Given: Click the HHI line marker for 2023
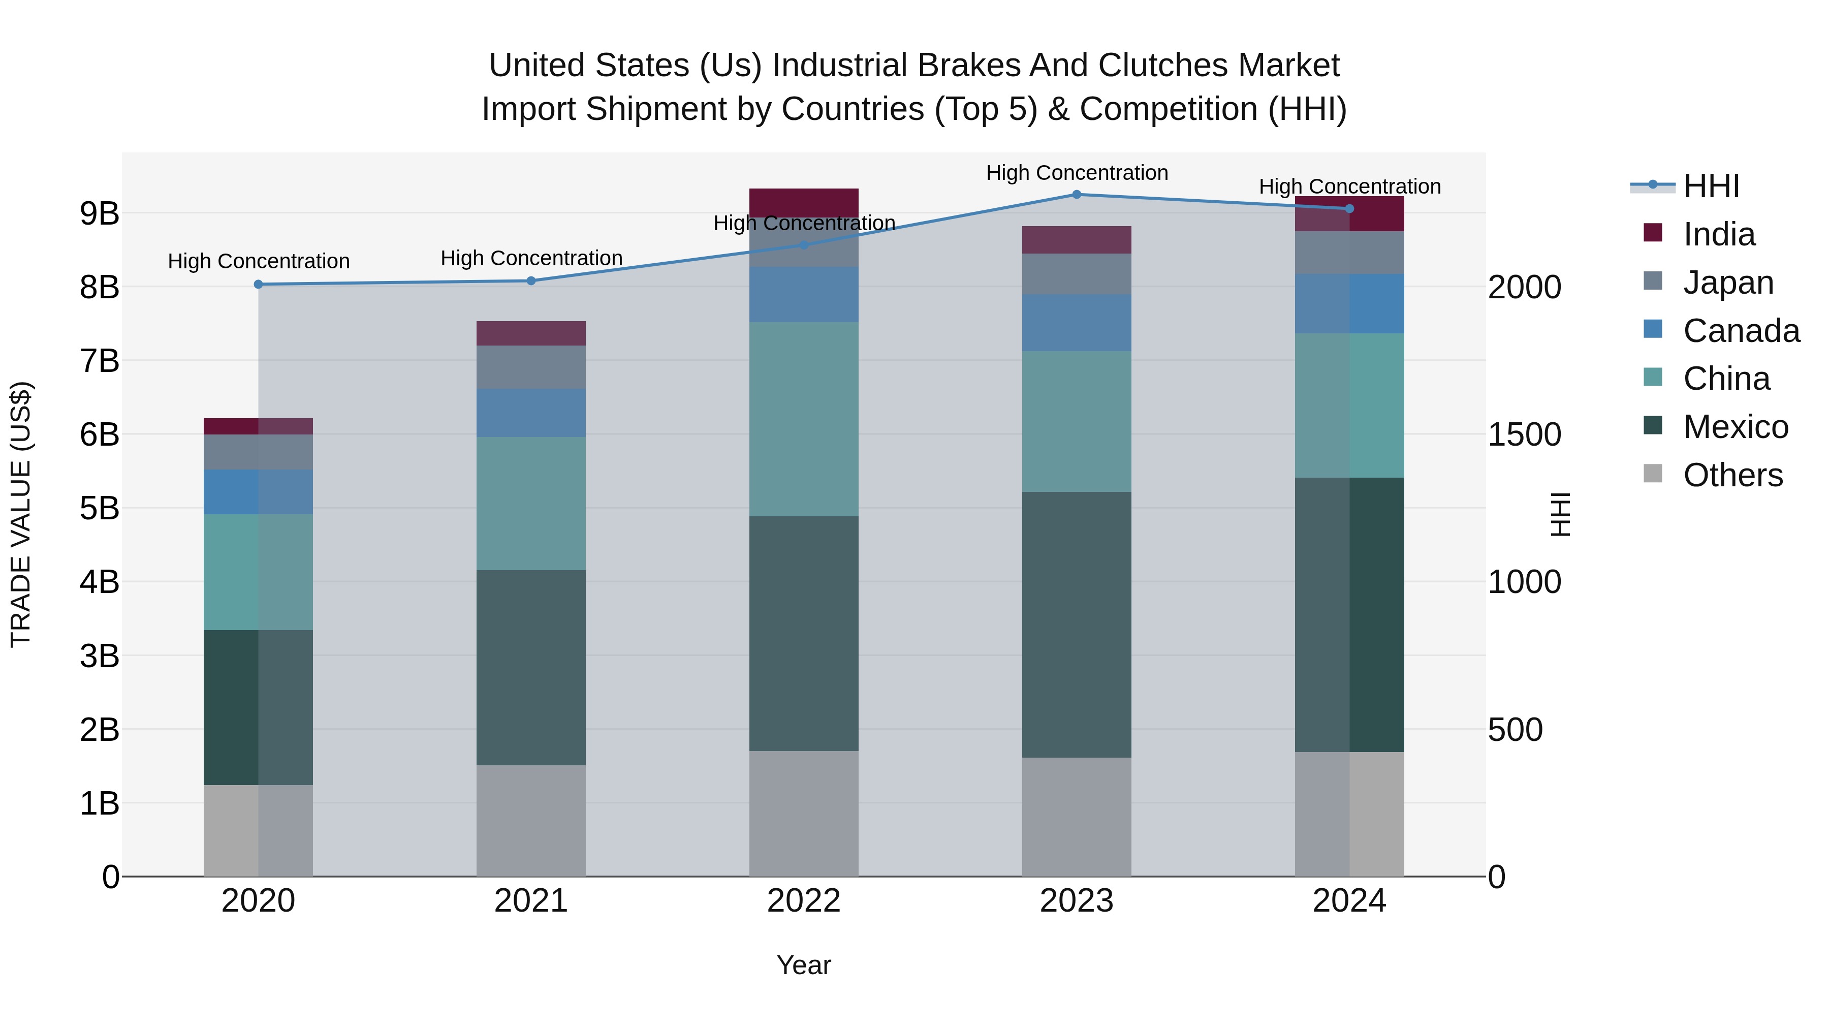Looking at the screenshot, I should coord(1077,195).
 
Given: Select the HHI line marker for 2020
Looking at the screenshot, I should coord(259,284).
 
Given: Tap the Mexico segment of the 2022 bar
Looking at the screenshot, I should coord(804,634).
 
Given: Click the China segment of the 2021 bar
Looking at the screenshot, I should coord(531,504).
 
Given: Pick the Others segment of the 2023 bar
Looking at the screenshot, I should coord(1077,817).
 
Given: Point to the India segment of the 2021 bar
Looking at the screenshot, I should coord(531,333).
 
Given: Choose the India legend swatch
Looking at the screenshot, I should coord(1653,233).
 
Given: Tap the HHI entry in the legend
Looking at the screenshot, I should coord(1711,186).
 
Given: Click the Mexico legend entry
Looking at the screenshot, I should coord(1736,427).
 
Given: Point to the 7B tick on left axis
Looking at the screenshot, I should coord(100,361).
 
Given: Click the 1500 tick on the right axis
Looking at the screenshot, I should coord(1524,434).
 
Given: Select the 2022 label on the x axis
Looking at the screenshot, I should coord(804,901).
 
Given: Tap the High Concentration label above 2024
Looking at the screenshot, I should coord(1349,187).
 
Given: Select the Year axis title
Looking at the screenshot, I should coord(803,965).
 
